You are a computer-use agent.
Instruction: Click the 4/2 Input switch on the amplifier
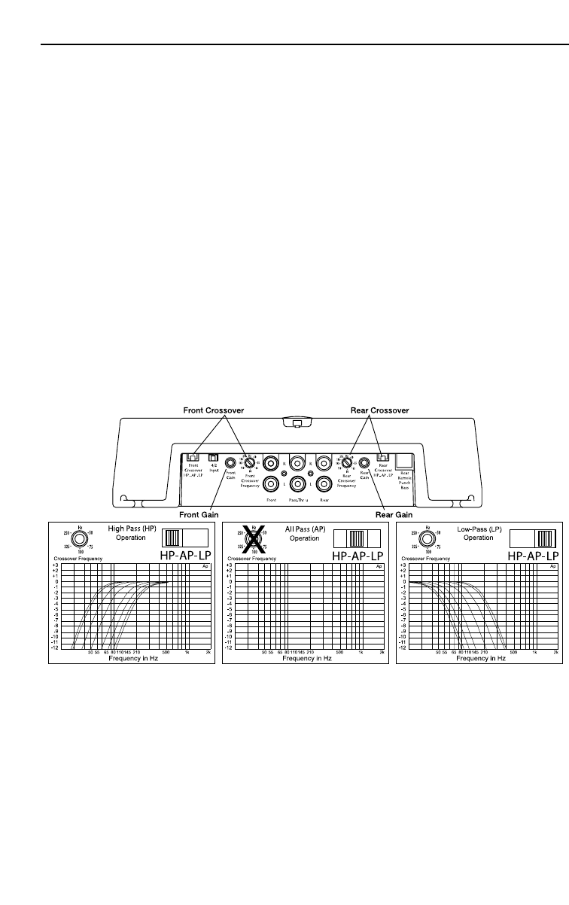click(213, 457)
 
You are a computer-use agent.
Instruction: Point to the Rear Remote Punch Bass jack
click(404, 462)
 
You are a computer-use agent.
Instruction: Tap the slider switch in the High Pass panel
click(184, 538)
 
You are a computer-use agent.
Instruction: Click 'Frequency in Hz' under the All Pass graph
click(305, 657)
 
